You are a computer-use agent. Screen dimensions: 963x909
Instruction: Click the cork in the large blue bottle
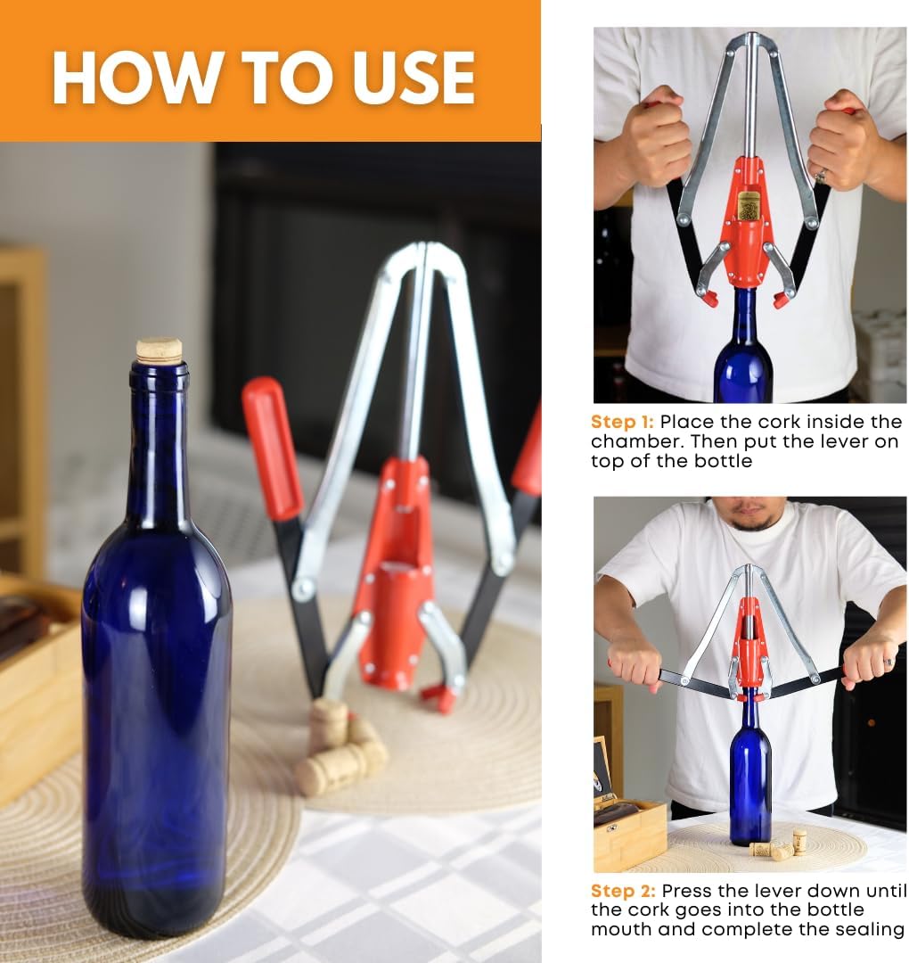160,350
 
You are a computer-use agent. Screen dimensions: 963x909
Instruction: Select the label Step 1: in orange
621,422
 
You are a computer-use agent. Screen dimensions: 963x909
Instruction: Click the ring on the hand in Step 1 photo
820,177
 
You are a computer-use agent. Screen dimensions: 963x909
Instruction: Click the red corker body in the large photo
392,580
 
